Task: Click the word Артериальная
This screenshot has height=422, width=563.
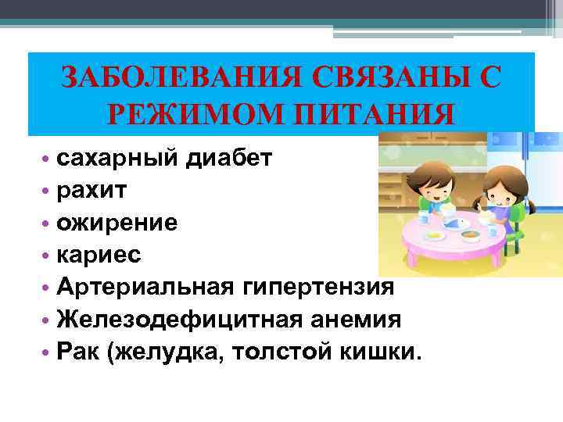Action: click(139, 287)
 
